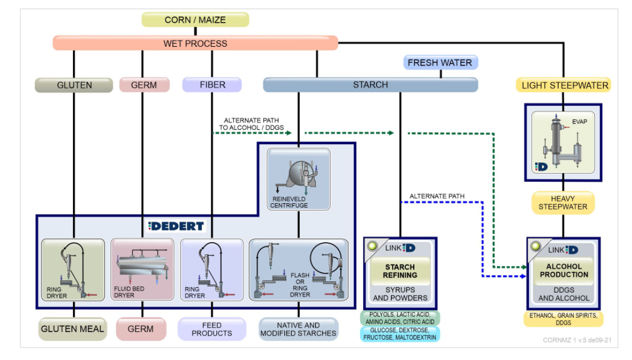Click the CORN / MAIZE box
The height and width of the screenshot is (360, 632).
[x=195, y=20]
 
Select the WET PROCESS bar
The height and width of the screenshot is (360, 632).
[x=195, y=43]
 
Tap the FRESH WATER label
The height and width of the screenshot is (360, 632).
[x=440, y=63]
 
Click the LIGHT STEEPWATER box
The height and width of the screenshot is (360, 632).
[x=565, y=85]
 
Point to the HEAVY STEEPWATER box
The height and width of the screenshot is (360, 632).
[x=562, y=202]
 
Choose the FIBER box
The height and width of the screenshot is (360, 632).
[x=212, y=85]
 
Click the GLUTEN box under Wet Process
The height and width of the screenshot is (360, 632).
[x=74, y=85]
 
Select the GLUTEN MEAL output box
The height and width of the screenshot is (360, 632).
[x=74, y=329]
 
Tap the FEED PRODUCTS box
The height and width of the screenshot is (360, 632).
[x=211, y=329]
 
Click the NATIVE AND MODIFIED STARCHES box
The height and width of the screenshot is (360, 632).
[x=298, y=329]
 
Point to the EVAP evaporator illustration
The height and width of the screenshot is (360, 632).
[x=563, y=142]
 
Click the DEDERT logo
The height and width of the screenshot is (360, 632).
[x=176, y=226]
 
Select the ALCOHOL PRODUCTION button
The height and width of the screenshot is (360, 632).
[x=564, y=271]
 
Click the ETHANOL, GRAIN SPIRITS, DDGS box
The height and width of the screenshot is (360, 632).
[x=563, y=319]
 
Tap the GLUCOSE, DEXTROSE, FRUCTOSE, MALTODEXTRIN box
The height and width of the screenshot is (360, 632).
[x=400, y=334]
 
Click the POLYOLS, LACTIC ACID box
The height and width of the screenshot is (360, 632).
[x=400, y=318]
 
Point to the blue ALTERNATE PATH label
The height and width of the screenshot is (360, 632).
[x=437, y=197]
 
